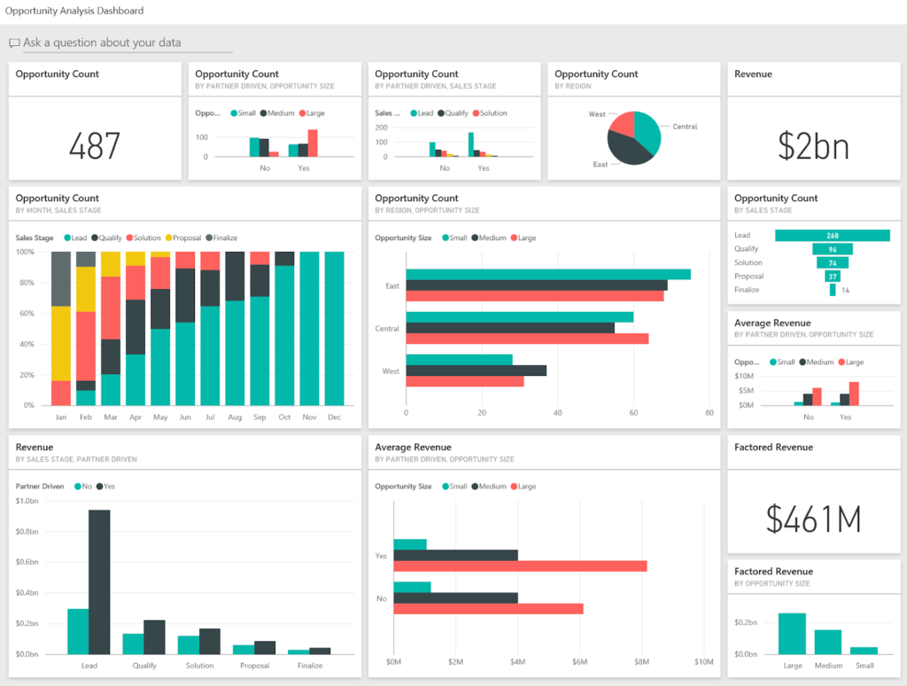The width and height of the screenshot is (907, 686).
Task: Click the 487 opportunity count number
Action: [x=94, y=145]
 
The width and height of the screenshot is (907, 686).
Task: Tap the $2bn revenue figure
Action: [x=813, y=145]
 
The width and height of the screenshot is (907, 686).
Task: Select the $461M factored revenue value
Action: [x=813, y=519]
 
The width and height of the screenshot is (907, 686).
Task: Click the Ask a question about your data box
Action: [x=124, y=43]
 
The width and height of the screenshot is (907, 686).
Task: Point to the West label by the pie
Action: [x=597, y=114]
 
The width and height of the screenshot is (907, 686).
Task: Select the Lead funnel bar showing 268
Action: [x=832, y=236]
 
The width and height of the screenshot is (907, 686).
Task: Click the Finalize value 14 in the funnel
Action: [x=845, y=290]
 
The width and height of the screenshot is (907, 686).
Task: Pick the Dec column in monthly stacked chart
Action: [x=334, y=328]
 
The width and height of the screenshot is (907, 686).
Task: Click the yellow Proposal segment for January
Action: [x=61, y=344]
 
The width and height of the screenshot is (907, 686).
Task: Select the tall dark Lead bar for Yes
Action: [x=99, y=581]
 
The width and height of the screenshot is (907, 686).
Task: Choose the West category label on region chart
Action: [x=390, y=371]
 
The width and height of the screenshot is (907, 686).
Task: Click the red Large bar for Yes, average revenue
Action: [x=520, y=566]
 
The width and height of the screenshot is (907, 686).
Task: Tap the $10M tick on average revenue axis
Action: [x=704, y=662]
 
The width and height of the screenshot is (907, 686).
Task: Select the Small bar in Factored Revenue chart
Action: [x=864, y=651]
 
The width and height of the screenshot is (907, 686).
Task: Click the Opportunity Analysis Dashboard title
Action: [x=74, y=11]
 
